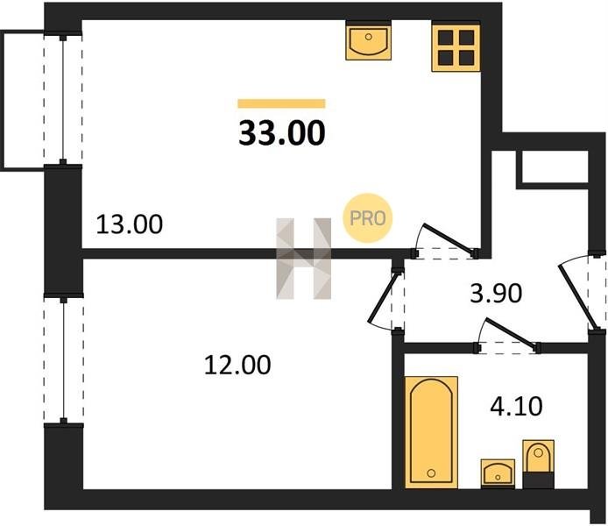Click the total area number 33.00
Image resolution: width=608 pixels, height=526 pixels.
point(282,133)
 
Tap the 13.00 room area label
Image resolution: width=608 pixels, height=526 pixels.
point(130,224)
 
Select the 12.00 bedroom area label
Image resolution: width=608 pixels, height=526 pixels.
point(237,365)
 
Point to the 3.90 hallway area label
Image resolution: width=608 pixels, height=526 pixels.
point(496,294)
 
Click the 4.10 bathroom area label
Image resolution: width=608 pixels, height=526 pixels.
point(516,407)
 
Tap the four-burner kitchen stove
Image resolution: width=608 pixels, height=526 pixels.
point(456,48)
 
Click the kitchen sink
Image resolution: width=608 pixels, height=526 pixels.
point(368,41)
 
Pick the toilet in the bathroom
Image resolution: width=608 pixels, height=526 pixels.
point(538,464)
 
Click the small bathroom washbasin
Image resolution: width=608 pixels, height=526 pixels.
point(498,473)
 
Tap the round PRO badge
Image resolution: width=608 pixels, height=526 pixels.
point(368,218)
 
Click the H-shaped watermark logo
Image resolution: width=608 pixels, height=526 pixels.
point(304,259)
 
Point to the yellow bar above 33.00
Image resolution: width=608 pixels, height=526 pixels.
point(281,103)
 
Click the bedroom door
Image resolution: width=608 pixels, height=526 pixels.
point(387,300)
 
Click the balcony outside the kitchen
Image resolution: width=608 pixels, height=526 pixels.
point(23,101)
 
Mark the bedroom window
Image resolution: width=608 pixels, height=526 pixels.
point(64,361)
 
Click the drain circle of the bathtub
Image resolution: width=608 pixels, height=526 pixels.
point(431,473)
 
